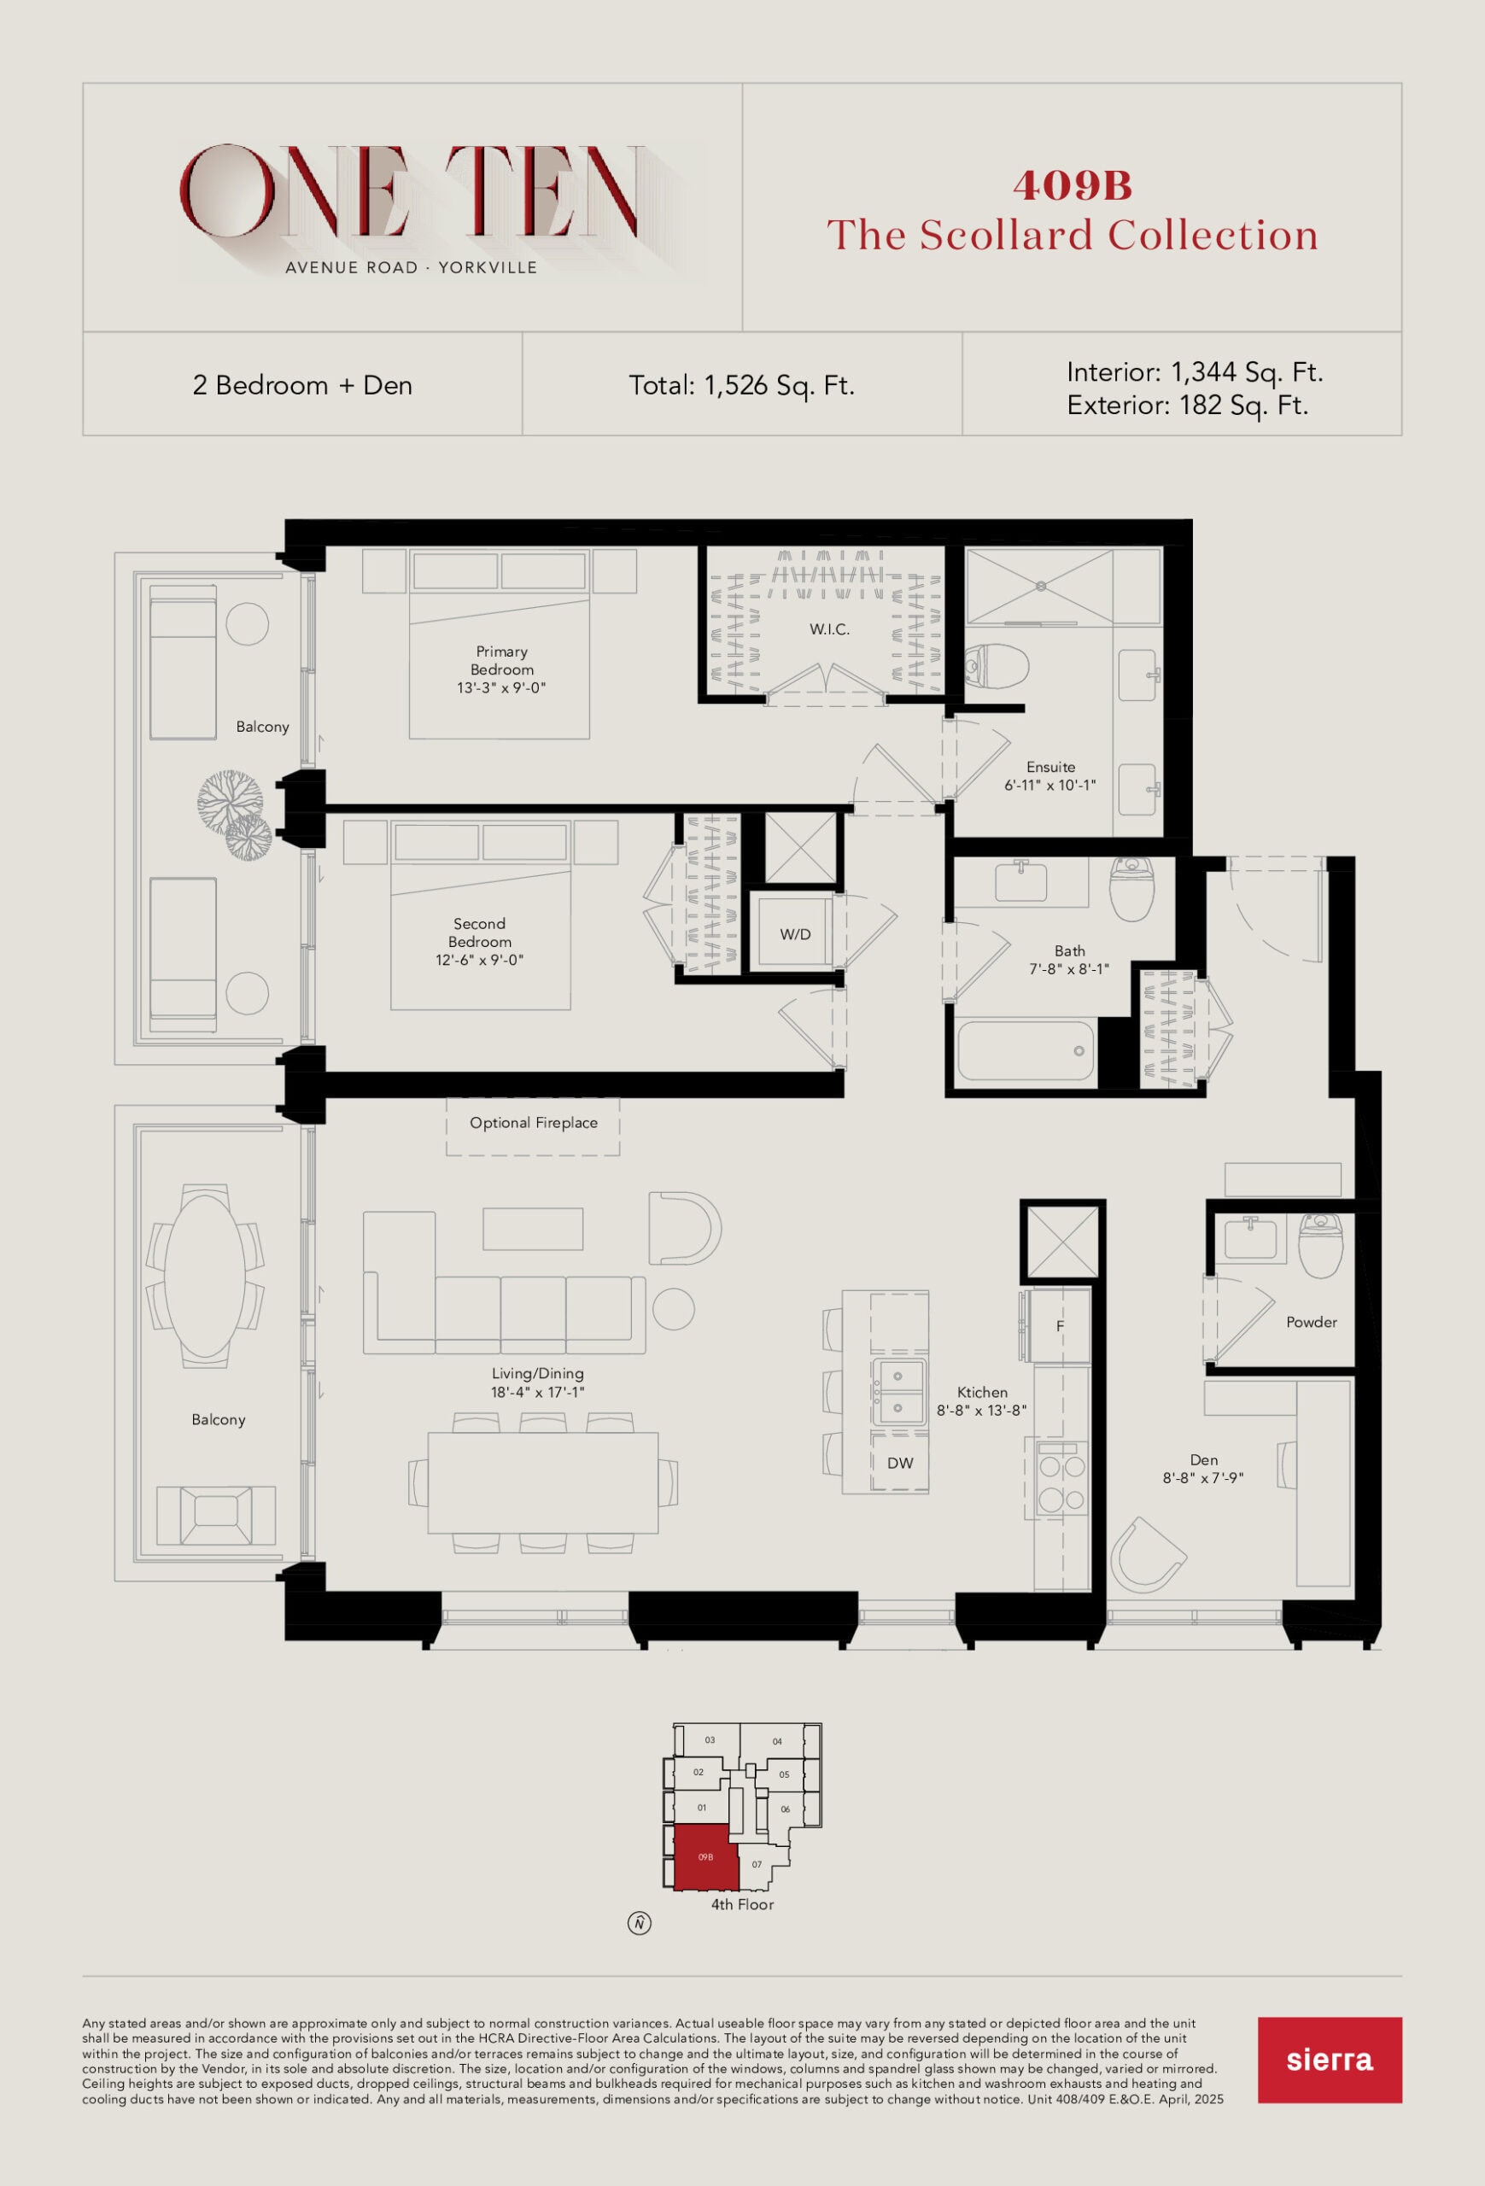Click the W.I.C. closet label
tap(829, 629)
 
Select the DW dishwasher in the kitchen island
tap(900, 1463)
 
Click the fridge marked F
tap(1060, 1325)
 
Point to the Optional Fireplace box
tap(533, 1126)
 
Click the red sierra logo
tap(1330, 2060)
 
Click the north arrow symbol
tap(640, 1924)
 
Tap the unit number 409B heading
tap(1073, 185)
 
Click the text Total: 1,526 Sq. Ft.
tap(742, 386)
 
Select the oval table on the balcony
tap(204, 1276)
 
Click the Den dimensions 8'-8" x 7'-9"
tap(1203, 1478)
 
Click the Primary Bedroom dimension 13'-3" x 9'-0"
tap(501, 687)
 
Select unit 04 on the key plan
tap(777, 1742)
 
